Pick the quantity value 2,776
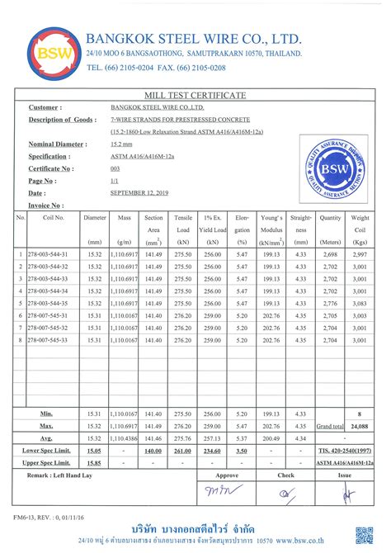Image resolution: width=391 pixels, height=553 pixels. [330, 303]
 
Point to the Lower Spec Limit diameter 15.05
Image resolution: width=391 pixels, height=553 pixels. [93, 451]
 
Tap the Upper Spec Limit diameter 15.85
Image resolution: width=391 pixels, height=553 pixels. [93, 463]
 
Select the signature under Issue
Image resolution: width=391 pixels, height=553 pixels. [349, 494]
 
